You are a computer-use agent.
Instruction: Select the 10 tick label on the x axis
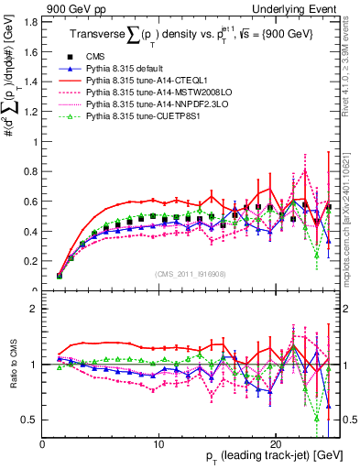(158, 442)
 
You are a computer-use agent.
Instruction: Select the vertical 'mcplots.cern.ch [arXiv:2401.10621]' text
(350, 202)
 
